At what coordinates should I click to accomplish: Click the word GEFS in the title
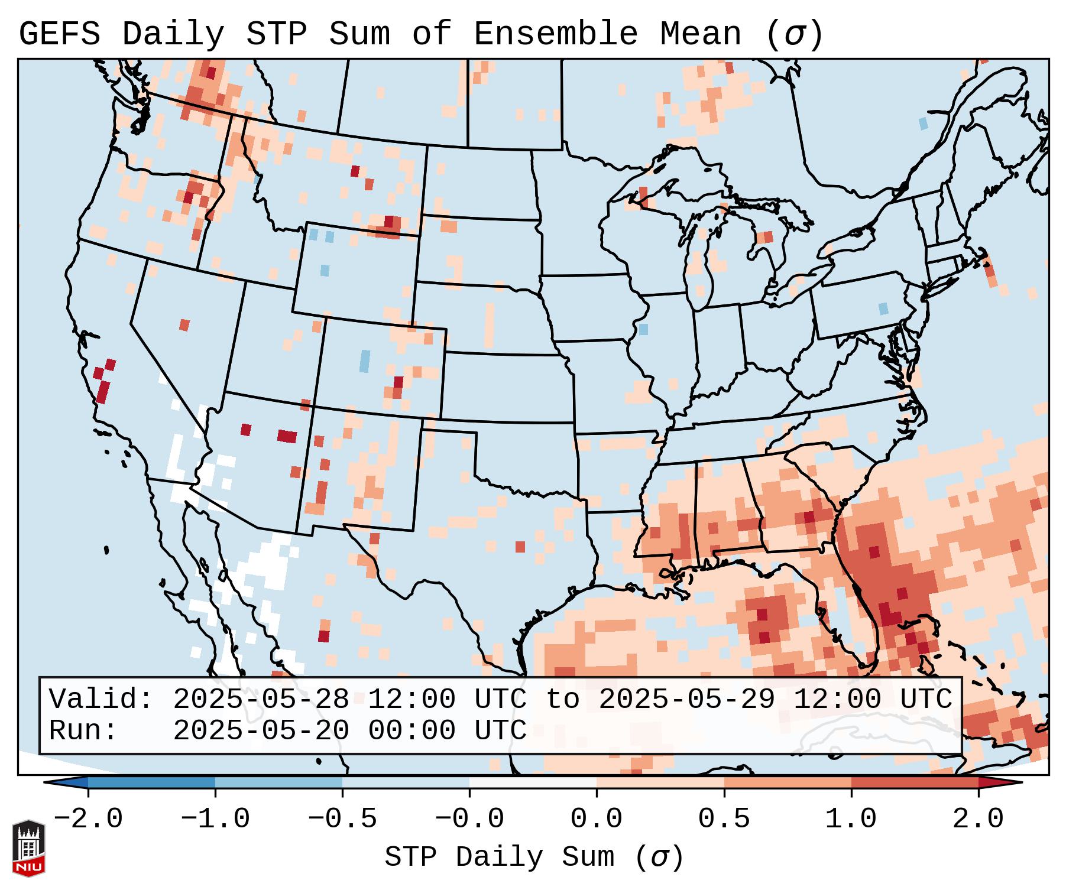point(60,34)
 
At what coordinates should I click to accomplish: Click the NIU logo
point(28,849)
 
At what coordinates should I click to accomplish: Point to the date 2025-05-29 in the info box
point(687,700)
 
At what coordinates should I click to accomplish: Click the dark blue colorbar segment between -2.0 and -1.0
point(151,782)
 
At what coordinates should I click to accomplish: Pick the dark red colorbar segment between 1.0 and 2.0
point(915,782)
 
